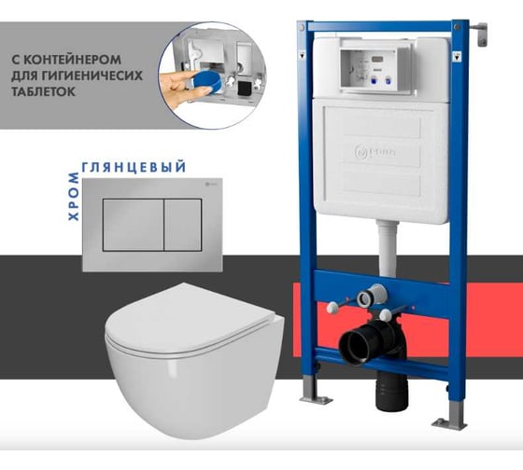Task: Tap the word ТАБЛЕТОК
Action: point(43,91)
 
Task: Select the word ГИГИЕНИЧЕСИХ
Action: point(94,76)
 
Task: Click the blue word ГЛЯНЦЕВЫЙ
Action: point(134,167)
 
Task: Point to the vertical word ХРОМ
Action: point(74,197)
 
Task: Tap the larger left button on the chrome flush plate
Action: point(133,225)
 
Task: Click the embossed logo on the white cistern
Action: point(375,152)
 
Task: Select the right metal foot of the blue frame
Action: point(449,416)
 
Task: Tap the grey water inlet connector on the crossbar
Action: point(371,295)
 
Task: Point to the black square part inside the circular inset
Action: point(244,89)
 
